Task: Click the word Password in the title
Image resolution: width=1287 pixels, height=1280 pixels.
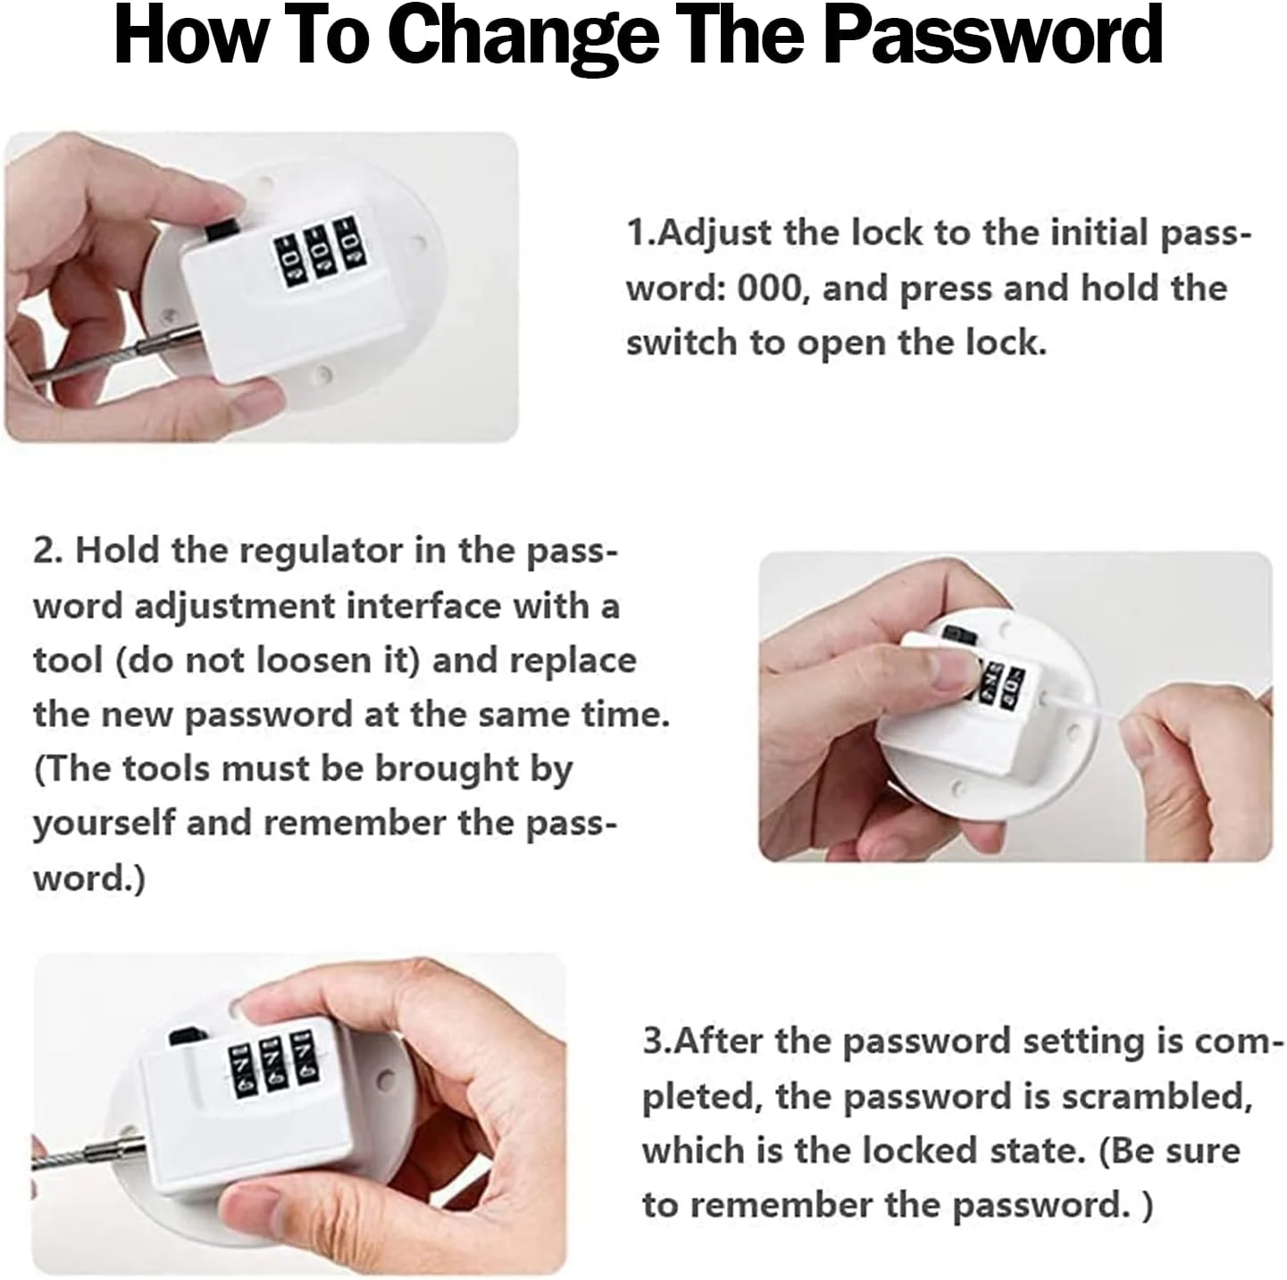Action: point(993,33)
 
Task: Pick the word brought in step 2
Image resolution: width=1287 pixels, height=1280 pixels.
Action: point(447,770)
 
